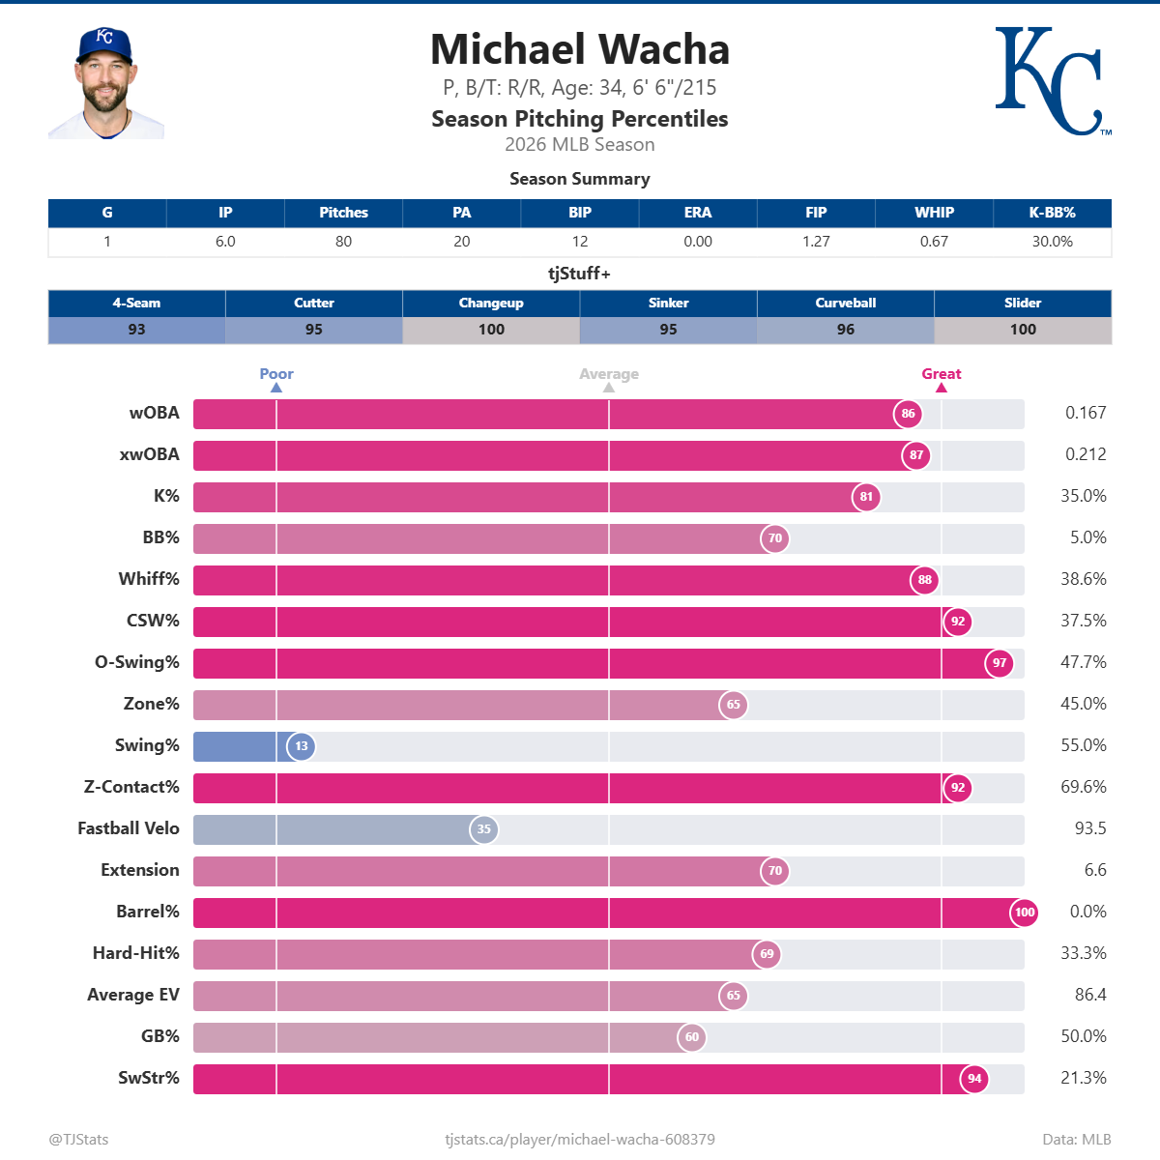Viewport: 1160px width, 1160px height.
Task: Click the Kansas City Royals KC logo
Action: (1052, 81)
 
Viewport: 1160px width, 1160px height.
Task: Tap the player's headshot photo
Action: (105, 83)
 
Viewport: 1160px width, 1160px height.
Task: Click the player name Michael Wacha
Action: (580, 49)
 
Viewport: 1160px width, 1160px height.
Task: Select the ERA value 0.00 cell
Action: (697, 242)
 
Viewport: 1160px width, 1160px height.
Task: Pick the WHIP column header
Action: (934, 213)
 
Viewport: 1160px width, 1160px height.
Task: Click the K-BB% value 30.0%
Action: (1052, 242)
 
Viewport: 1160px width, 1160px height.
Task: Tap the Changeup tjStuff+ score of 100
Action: (491, 330)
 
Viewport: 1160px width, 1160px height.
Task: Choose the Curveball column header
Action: (845, 303)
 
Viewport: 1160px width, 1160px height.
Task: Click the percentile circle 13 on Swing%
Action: (302, 746)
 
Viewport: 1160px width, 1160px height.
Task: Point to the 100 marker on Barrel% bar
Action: (1025, 913)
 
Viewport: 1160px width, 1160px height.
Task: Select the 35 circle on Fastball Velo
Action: (484, 829)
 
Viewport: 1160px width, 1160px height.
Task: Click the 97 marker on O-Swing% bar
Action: (1000, 663)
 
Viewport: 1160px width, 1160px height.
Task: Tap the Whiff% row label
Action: (149, 579)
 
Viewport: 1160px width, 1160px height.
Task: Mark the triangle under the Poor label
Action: (276, 388)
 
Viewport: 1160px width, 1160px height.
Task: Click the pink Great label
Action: (941, 374)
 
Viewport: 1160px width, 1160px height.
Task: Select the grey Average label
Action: (608, 374)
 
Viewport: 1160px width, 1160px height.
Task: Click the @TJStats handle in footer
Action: (78, 1140)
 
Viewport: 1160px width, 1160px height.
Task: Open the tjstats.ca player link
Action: (580, 1140)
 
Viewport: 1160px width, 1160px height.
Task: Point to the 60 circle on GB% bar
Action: (692, 1037)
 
